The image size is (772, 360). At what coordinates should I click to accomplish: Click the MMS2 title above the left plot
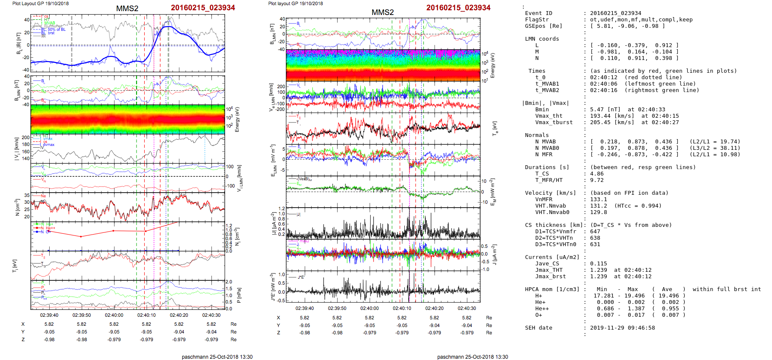click(127, 9)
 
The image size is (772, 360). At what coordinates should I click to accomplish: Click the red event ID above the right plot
click(458, 8)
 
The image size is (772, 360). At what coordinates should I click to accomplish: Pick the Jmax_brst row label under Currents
click(550, 277)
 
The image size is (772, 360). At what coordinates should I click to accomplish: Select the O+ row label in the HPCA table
click(538, 315)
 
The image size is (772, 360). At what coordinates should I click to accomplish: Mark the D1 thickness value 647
click(595, 232)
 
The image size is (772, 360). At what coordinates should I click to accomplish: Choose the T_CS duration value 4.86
click(597, 174)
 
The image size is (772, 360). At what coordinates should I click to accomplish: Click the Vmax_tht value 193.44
click(600, 116)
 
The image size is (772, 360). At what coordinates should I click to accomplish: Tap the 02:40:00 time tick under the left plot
click(114, 315)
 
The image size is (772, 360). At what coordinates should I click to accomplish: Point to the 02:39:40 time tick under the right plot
click(305, 308)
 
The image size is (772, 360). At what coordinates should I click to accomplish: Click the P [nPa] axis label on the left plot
click(239, 295)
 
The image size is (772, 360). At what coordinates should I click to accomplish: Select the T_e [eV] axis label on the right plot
click(495, 128)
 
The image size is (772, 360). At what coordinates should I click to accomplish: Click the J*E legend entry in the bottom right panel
click(301, 277)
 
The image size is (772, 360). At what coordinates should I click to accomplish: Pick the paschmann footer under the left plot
click(217, 357)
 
